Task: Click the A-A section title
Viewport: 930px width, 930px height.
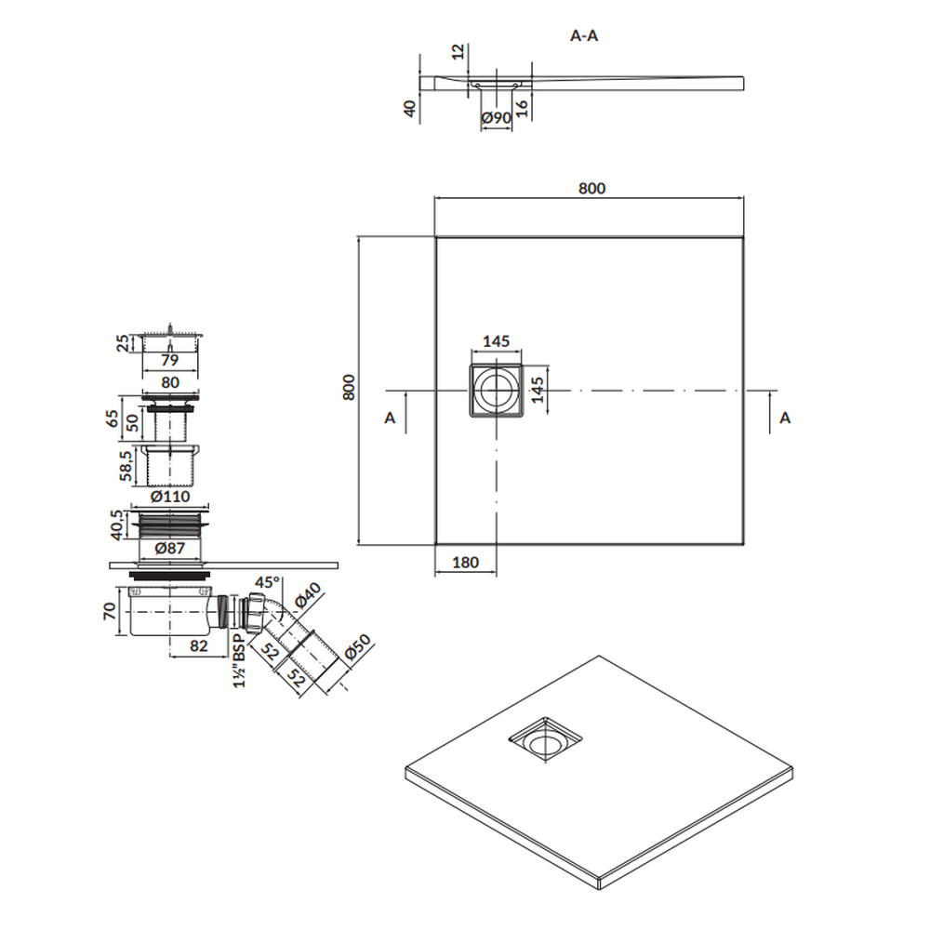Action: [584, 36]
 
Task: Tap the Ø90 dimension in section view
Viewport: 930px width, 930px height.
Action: [497, 117]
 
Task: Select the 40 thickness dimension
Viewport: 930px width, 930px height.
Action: [410, 109]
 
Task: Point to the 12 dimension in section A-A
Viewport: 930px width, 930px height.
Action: [458, 51]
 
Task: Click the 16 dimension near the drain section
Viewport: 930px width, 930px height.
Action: [522, 108]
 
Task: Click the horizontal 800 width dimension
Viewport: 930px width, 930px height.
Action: [591, 188]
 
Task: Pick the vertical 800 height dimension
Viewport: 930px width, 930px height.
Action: [350, 387]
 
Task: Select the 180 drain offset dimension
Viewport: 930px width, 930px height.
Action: [466, 562]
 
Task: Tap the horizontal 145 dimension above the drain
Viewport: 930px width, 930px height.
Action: [496, 341]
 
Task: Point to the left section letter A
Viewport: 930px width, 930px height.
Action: [390, 418]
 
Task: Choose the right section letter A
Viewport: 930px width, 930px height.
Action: [785, 418]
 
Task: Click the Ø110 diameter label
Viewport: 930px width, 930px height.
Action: [170, 496]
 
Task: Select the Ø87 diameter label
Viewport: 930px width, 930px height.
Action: [170, 548]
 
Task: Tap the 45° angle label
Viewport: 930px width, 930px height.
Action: [268, 582]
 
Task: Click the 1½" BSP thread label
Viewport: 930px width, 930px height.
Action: [239, 660]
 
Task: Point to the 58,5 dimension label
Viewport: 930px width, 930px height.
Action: [126, 465]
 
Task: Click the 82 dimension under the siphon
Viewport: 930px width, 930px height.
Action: [199, 645]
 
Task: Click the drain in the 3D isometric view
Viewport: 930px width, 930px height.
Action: [545, 739]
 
